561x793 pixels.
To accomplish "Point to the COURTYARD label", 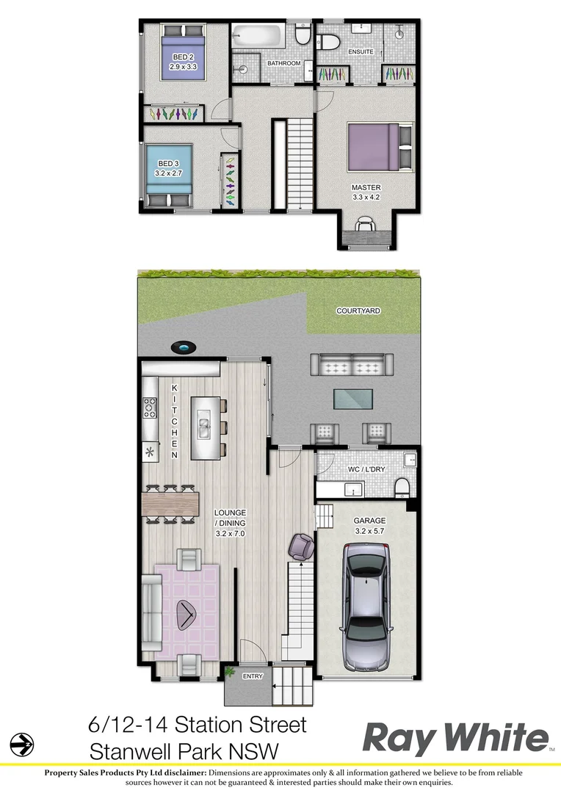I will coord(358,311).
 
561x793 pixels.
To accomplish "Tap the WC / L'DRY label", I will coord(365,468).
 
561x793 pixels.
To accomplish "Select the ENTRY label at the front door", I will coord(252,676).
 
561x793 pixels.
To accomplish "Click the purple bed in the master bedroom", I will coord(373,145).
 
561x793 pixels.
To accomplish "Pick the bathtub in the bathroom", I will coord(258,35).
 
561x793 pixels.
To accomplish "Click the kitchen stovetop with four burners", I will coord(150,407).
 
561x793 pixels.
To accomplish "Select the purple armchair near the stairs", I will coord(301,546).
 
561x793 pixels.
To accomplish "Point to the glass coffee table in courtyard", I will coord(352,399).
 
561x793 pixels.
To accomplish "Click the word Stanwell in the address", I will coord(136,751).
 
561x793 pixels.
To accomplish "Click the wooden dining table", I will coord(171,503).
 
